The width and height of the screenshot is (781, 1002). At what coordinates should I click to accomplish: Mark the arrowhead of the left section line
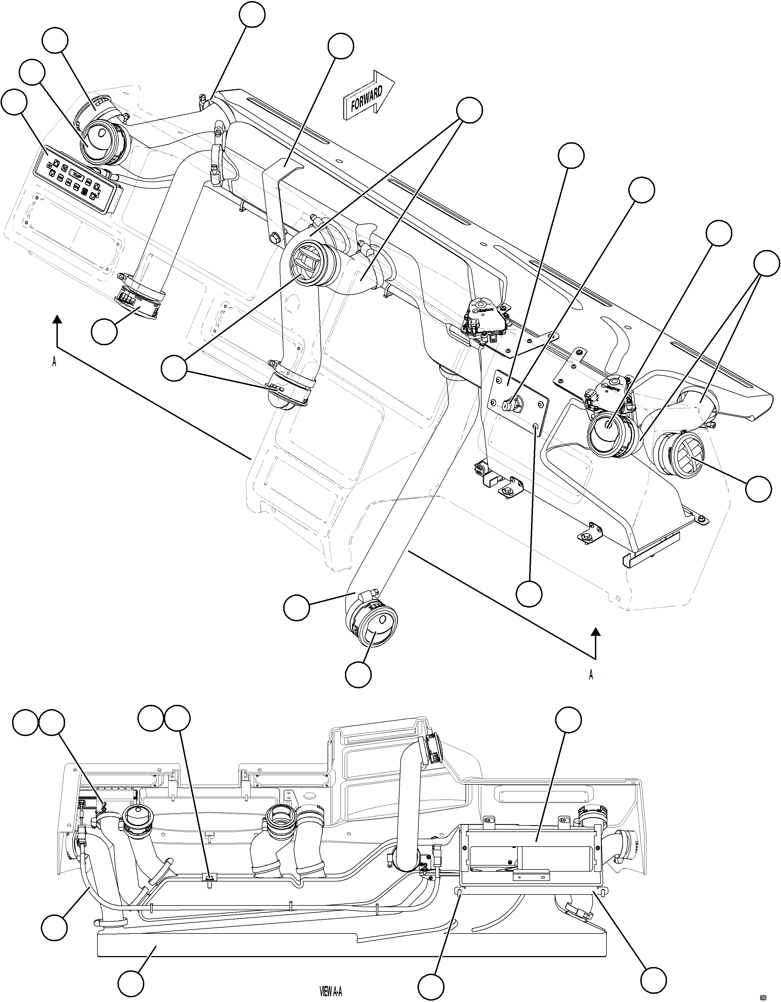coord(57,319)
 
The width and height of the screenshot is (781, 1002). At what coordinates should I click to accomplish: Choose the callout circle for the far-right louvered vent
coord(758,488)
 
